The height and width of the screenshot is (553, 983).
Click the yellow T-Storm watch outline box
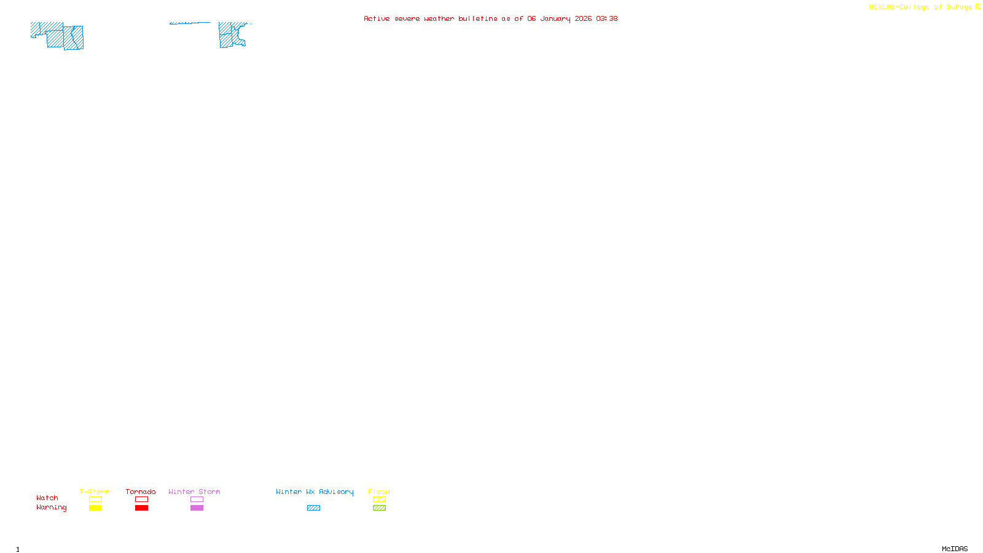point(95,500)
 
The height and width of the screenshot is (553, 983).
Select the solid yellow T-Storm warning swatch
point(95,508)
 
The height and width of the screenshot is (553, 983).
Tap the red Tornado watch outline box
point(141,500)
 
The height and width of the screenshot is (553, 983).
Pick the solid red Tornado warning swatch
point(141,508)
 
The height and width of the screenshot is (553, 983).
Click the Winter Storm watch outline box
point(197,500)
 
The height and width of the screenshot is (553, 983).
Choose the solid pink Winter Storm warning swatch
point(197,508)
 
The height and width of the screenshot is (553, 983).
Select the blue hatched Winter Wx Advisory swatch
point(313,508)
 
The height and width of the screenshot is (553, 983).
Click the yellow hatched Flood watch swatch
point(379,500)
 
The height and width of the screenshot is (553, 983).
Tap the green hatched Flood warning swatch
point(379,508)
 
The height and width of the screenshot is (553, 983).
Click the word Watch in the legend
point(47,498)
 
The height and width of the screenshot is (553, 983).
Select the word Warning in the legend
point(51,508)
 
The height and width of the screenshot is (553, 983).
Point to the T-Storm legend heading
point(95,492)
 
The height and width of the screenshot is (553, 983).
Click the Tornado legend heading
point(141,492)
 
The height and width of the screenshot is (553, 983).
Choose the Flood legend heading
point(379,492)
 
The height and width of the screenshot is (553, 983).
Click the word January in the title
point(555,19)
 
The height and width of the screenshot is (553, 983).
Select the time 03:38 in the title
point(606,18)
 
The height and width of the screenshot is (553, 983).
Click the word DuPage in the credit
point(959,7)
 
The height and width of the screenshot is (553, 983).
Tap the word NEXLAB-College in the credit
point(899,7)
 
